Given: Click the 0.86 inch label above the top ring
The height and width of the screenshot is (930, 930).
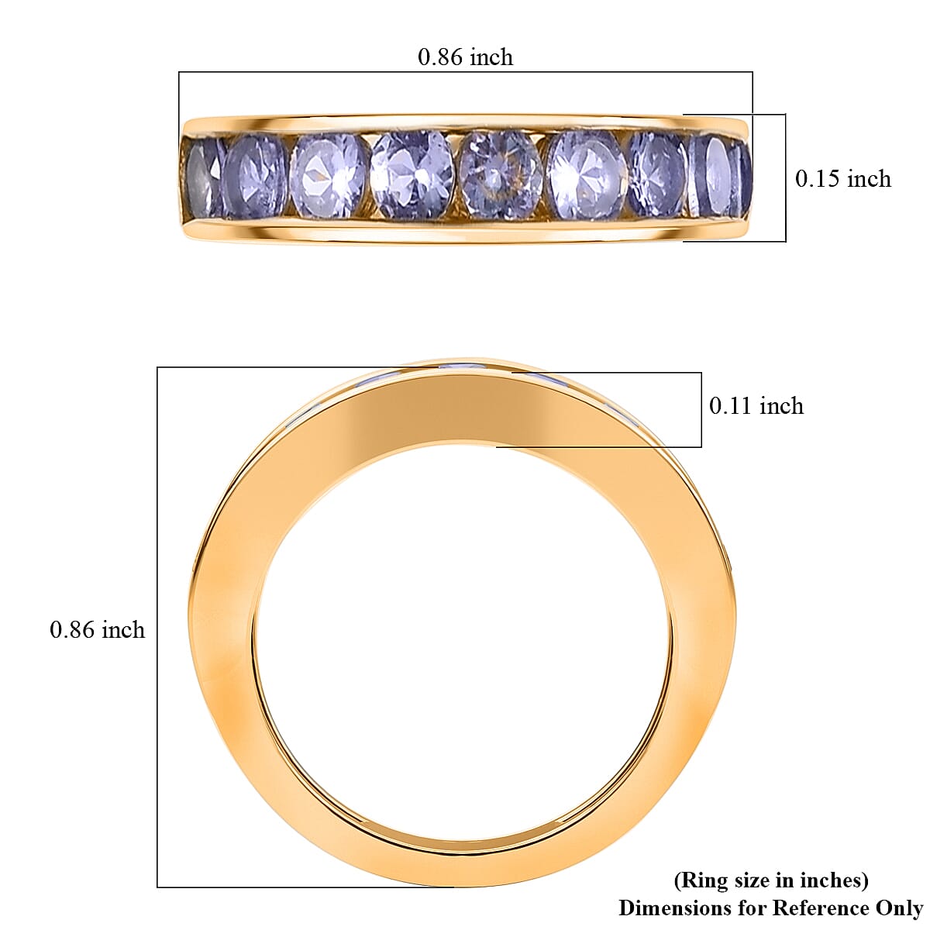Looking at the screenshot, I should [465, 57].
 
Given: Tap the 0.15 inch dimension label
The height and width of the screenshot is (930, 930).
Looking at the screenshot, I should [843, 178].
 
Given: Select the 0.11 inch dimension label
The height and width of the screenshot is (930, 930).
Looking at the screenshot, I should [756, 405].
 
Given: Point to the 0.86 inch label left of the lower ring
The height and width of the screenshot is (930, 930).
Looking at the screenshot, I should [97, 629].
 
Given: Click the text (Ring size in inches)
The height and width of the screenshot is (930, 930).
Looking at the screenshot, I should [771, 880].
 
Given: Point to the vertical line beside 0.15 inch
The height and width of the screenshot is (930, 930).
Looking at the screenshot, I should [786, 178].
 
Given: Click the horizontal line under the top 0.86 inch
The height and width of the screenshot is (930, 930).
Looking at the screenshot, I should [465, 72].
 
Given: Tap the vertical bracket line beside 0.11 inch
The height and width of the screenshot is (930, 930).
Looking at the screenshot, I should [701, 409].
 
